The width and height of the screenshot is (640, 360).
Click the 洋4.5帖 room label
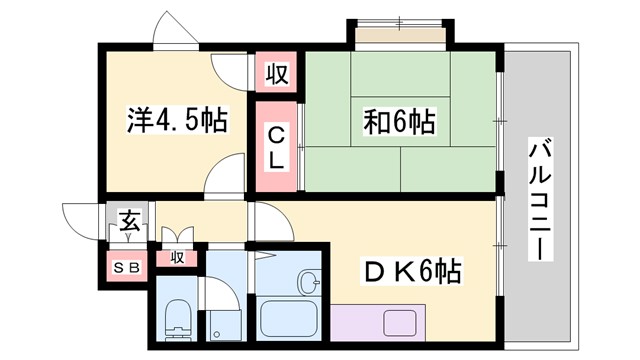point(176,122)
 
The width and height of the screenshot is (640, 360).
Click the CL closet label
point(276,145)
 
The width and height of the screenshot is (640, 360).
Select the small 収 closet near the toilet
point(177,258)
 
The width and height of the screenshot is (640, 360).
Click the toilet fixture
point(177,319)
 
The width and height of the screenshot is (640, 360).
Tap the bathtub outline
point(288,318)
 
